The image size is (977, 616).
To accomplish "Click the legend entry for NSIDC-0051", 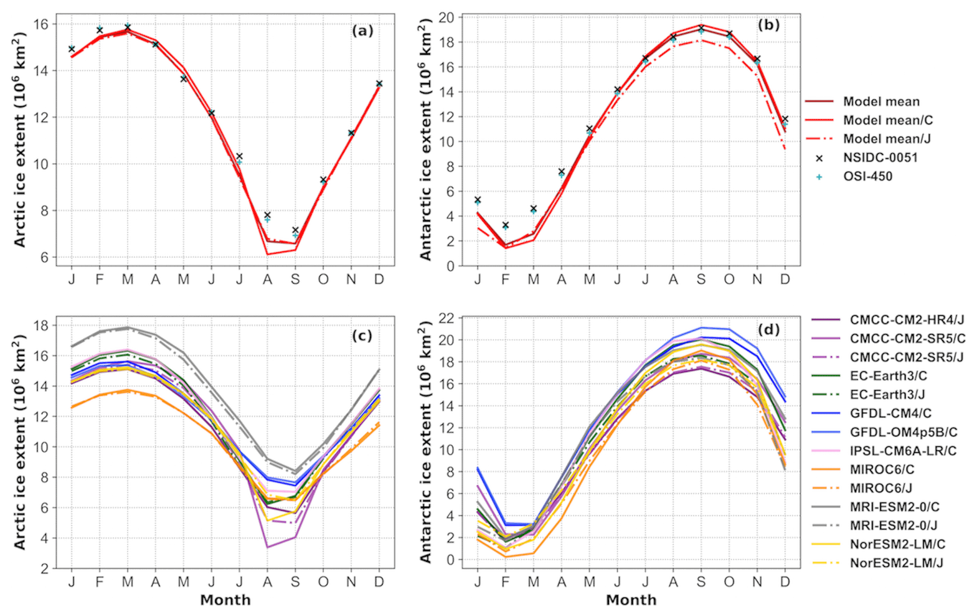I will tap(880, 158).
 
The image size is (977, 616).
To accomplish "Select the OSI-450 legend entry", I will tap(868, 176).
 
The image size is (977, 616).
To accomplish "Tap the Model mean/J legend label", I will tap(887, 139).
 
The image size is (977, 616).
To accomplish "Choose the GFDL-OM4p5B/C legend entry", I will tap(903, 432).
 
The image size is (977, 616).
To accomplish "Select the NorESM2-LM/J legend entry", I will tap(896, 563).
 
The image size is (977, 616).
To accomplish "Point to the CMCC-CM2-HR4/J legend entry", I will tap(906, 320).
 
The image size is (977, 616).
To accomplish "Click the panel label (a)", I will tap(362, 31).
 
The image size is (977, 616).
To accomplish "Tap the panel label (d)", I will tap(768, 329).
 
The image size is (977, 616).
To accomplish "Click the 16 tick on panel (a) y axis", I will tap(42, 24).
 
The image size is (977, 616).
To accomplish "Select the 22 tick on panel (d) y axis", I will tap(447, 318).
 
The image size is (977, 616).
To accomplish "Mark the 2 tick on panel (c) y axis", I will tap(45, 569).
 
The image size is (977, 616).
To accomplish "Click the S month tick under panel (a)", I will tap(295, 280).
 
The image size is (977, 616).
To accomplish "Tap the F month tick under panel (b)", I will tap(505, 280).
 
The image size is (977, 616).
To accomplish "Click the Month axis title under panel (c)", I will tap(226, 600).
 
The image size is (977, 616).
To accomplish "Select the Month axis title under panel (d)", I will tap(631, 600).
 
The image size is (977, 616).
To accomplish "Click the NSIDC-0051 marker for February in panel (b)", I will tap(506, 225).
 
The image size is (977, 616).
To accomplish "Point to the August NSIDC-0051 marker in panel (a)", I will tap(267, 215).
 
